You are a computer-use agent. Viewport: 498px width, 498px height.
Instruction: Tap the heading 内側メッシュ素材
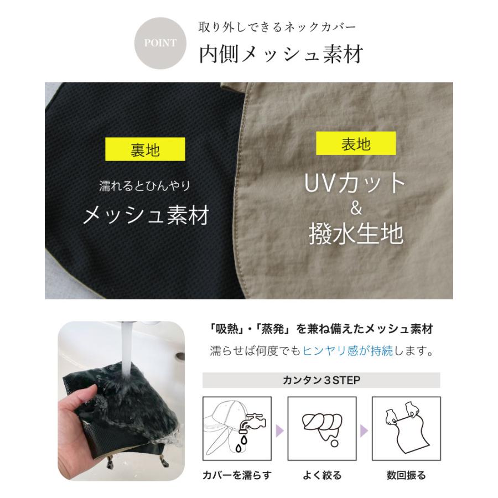point(281,55)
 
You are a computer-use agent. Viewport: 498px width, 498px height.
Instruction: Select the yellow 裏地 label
point(146,150)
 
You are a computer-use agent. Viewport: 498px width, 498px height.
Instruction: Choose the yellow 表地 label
point(356,144)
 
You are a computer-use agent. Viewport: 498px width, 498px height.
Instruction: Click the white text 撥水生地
point(355,234)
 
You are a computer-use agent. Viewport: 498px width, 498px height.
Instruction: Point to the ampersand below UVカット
point(356,209)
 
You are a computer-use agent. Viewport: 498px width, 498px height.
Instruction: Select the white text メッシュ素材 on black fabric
point(146,215)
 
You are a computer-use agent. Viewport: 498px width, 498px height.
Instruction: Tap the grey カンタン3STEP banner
point(321,380)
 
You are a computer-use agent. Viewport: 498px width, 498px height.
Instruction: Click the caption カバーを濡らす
point(237,475)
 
